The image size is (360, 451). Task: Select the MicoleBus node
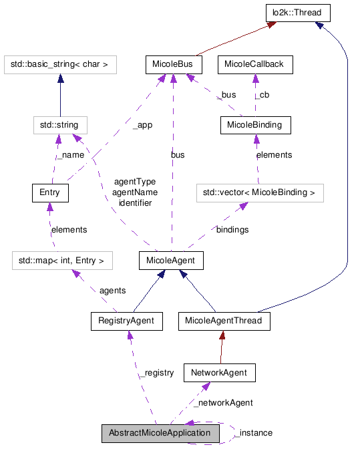pos(173,65)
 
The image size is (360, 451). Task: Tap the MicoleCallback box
pos(254,65)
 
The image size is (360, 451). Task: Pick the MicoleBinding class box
pos(254,124)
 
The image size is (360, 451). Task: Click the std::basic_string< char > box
pos(60,65)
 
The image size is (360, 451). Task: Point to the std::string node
pos(60,124)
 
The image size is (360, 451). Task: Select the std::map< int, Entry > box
pos(61,259)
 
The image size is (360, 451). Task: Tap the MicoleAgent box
pos(172,260)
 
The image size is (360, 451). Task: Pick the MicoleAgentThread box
pos(224,321)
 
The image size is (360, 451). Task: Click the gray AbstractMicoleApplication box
pos(160,433)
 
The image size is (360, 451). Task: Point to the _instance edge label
pos(254,433)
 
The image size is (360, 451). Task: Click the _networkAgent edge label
pos(223,403)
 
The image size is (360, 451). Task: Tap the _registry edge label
pos(156,372)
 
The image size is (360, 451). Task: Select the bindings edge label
pos(232,229)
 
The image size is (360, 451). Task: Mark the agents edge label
pos(112,291)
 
